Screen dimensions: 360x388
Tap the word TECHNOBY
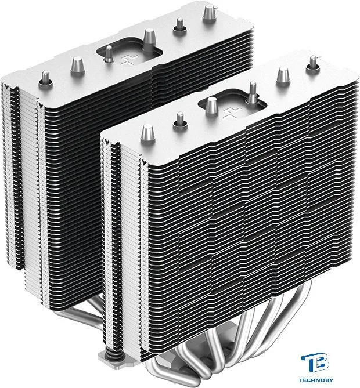click(316, 380)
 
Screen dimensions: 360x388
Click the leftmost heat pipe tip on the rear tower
click(45, 79)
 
